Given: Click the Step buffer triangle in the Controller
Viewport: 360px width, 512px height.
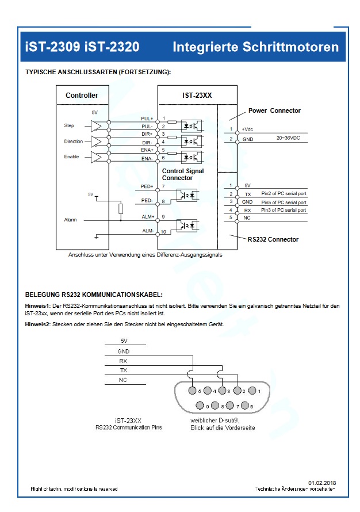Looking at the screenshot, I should [96, 125].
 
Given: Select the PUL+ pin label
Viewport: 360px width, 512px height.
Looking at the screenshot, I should [147, 119].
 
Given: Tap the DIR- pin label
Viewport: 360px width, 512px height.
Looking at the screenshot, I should [147, 142].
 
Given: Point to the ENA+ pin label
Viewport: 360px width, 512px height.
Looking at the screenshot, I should [147, 150].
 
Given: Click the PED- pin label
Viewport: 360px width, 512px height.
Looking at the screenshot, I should [147, 201].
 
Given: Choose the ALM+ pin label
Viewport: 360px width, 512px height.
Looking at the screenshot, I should [147, 216].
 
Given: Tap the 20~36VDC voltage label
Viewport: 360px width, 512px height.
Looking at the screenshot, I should [289, 138].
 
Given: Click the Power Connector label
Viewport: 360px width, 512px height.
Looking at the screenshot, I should [274, 110].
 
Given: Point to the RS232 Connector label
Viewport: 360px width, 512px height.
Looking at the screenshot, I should [273, 239].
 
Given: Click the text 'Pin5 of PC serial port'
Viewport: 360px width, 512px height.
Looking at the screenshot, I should [284, 201].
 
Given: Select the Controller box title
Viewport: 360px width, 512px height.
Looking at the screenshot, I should [82, 95].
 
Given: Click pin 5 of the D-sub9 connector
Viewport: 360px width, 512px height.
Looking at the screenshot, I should [193, 391].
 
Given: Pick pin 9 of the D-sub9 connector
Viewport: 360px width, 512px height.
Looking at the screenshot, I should [200, 406].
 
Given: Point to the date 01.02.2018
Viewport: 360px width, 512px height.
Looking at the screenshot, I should [322, 482].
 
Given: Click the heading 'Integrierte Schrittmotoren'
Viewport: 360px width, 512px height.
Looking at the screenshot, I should [255, 47].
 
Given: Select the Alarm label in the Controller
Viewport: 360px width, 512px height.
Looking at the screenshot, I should [70, 220].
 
